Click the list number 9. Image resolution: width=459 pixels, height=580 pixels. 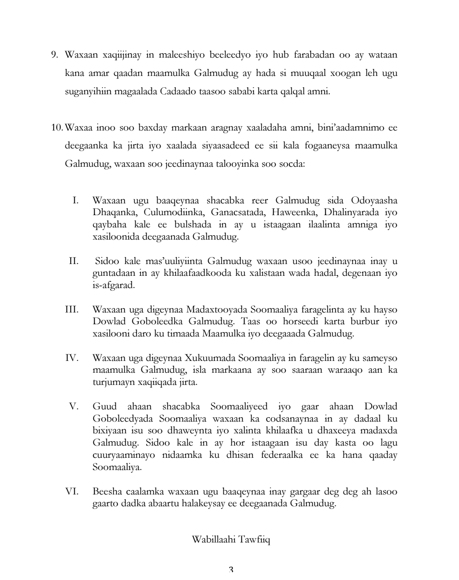click(55, 55)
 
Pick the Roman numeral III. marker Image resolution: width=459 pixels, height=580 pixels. click(72, 310)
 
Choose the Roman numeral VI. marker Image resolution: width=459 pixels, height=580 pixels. click(72, 491)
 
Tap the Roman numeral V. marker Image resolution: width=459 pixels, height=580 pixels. click(74, 407)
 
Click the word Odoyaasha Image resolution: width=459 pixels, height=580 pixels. click(374, 201)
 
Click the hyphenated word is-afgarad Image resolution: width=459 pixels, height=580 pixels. click(111, 285)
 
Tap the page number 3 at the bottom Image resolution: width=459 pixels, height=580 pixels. click(231, 570)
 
